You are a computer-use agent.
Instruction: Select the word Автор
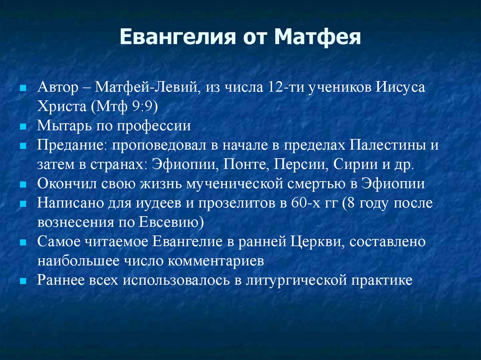[58, 87]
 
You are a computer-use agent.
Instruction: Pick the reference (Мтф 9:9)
[124, 107]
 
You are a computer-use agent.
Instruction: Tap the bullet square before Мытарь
[23, 127]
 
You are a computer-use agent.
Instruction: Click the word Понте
[245, 164]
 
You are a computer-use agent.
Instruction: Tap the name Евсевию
[171, 222]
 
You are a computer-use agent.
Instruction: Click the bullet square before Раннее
[23, 281]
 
